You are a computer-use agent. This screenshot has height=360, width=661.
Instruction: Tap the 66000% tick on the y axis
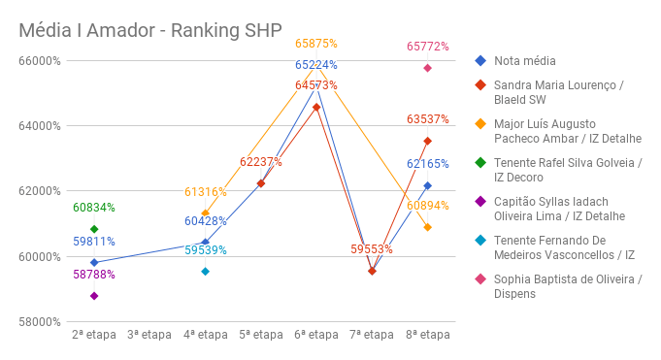point(40,61)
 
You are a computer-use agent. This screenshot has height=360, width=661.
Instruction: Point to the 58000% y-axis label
point(40,322)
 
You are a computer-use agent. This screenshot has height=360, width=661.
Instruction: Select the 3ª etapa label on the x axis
point(149,335)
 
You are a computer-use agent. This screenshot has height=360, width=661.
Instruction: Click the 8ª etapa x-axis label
point(427,335)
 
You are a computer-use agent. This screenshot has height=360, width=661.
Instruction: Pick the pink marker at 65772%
point(427,68)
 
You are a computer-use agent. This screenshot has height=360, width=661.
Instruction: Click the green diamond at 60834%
point(94,229)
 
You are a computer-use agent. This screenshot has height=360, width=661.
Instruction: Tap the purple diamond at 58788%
point(94,296)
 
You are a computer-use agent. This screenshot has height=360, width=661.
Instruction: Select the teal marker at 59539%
point(205,272)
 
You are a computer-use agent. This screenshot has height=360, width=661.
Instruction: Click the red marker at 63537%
point(427,141)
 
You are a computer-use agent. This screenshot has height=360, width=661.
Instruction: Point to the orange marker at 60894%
point(427,227)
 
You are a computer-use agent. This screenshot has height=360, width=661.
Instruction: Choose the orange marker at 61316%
point(205,213)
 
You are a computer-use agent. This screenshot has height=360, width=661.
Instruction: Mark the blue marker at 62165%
point(427,185)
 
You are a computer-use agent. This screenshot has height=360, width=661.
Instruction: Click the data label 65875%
point(316,44)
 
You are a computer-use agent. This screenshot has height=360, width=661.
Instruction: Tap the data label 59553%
point(372,249)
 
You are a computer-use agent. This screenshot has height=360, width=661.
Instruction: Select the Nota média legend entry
point(519,61)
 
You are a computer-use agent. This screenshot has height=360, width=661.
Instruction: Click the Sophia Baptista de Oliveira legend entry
point(568,287)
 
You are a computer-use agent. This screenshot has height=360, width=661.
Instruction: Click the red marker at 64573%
point(316,107)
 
